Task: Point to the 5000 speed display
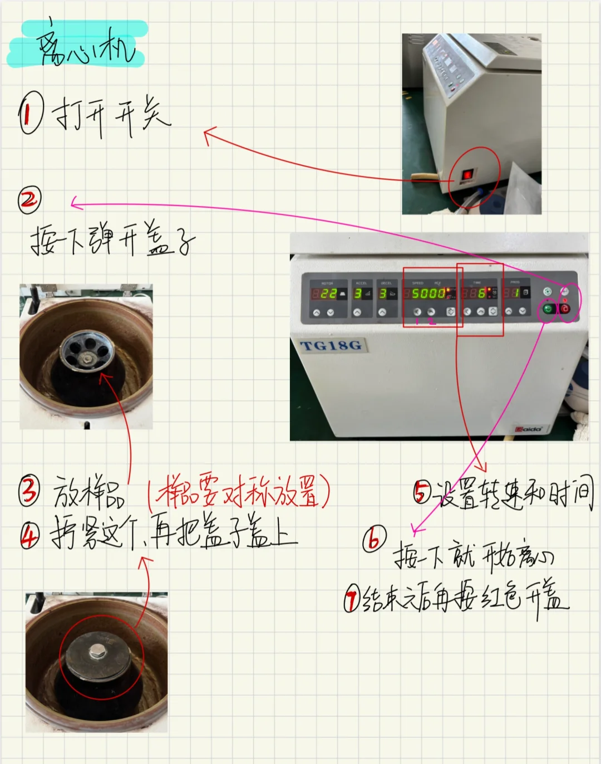(428, 293)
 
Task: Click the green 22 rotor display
(328, 293)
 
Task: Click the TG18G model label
(331, 346)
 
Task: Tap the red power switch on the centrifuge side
(467, 175)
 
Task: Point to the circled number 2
(29, 200)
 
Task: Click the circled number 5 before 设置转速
(422, 492)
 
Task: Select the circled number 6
(375, 538)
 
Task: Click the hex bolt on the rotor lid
(97, 650)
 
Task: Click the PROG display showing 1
(515, 293)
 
